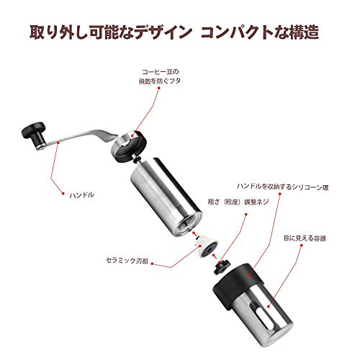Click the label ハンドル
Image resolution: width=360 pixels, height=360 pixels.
[x=81, y=195]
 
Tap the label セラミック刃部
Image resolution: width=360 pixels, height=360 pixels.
[x=127, y=261]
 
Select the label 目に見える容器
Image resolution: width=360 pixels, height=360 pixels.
[x=305, y=238]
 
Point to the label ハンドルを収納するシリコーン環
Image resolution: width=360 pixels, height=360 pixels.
[x=283, y=186]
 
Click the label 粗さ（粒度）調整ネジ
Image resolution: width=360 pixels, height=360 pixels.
[x=238, y=202]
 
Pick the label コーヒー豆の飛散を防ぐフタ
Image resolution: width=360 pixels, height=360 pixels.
[x=160, y=76]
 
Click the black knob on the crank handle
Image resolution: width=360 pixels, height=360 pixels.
[x=34, y=135]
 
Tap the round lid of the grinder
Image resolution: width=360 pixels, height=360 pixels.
[x=129, y=146]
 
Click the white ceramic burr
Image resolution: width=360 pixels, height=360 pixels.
[x=207, y=246]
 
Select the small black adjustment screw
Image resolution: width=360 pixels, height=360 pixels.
[x=221, y=267]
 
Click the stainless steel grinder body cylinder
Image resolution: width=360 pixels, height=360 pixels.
[x=166, y=197]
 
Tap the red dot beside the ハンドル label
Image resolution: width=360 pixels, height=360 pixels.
[x=63, y=193]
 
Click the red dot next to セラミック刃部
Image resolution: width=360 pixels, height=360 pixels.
[x=152, y=264]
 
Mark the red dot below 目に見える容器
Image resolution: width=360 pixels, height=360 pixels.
[x=302, y=246]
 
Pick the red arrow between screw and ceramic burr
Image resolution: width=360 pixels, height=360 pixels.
[x=215, y=256]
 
